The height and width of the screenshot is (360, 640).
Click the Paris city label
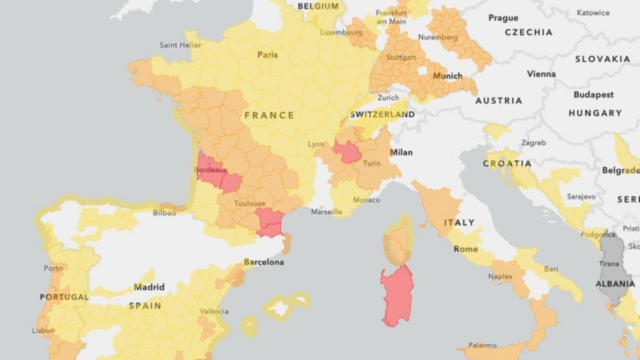pyautogui.click(x=267, y=54)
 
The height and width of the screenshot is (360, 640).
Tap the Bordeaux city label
pyautogui.click(x=210, y=170)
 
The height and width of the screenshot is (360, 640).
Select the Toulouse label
pyautogui.click(x=250, y=204)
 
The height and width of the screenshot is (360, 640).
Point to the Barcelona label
pyautogui.click(x=263, y=262)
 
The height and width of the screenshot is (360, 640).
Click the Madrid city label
pyautogui.click(x=149, y=287)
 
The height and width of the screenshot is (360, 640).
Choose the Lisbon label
pyautogui.click(x=43, y=331)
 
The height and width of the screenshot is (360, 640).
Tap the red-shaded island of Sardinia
pyautogui.click(x=397, y=294)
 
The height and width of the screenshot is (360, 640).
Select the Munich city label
pyautogui.click(x=447, y=76)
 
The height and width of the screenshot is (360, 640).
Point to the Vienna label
pyautogui.click(x=541, y=74)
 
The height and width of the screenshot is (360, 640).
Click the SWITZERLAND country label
pyautogui.click(x=382, y=115)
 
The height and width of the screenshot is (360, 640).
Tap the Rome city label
pyautogui.click(x=466, y=249)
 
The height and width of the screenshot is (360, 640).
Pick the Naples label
pyautogui.click(x=500, y=276)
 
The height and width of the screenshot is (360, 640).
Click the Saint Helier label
pyautogui.click(x=180, y=45)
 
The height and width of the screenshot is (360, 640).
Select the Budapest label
pyautogui.click(x=594, y=95)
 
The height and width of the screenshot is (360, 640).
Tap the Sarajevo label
pyautogui.click(x=581, y=197)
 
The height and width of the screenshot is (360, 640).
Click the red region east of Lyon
pyautogui.click(x=347, y=153)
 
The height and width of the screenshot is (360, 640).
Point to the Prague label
pyautogui.click(x=503, y=18)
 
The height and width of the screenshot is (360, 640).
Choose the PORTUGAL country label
pyautogui.click(x=64, y=297)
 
